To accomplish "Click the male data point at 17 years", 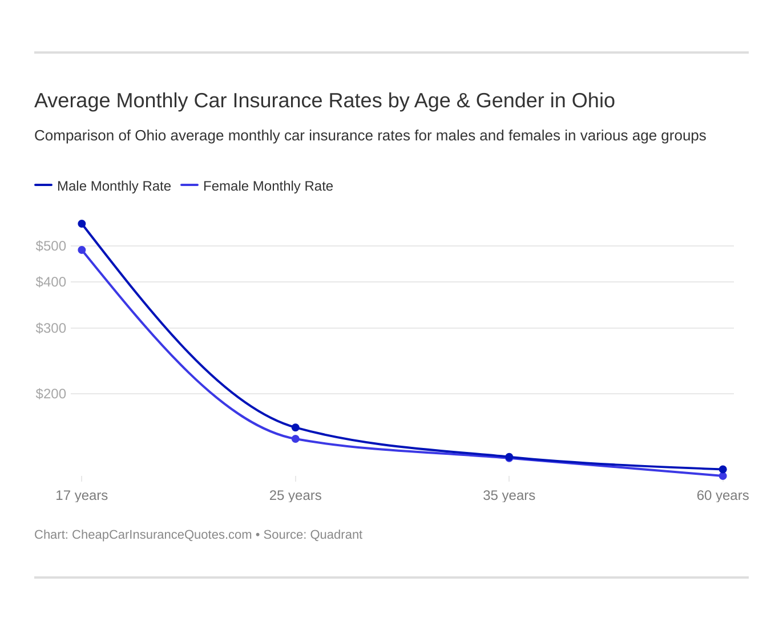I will [82, 224].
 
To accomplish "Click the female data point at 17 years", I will [82, 250].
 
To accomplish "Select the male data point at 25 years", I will [296, 427].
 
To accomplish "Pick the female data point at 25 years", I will [296, 439].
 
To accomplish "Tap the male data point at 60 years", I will [723, 469].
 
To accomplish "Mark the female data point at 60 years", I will [723, 476].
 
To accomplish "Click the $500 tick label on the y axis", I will [51, 246].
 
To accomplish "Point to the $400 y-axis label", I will [51, 282].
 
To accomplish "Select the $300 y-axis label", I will [51, 328].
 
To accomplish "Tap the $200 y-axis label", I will [51, 394].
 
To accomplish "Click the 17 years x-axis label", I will [82, 495].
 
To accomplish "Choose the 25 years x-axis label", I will [296, 495].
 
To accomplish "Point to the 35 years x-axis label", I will [509, 495].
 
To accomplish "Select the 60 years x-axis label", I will [723, 495].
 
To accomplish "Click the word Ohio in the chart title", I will [593, 100].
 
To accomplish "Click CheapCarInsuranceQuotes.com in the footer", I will [162, 535].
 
